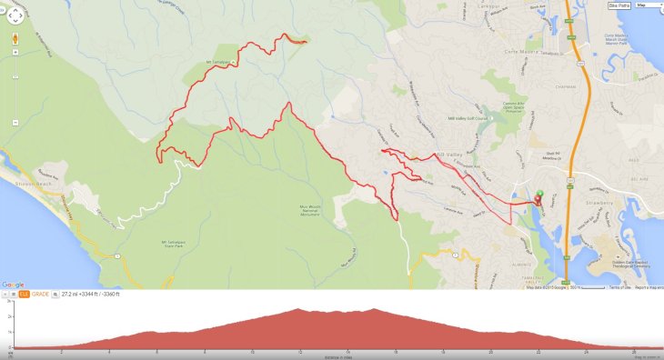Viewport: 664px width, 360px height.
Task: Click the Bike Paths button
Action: coord(619,5)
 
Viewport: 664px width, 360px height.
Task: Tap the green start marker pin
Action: coord(538,194)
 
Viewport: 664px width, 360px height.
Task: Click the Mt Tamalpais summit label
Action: coord(222,63)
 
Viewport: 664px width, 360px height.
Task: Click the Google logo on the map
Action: coord(13,285)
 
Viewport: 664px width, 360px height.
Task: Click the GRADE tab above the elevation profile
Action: coord(41,295)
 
